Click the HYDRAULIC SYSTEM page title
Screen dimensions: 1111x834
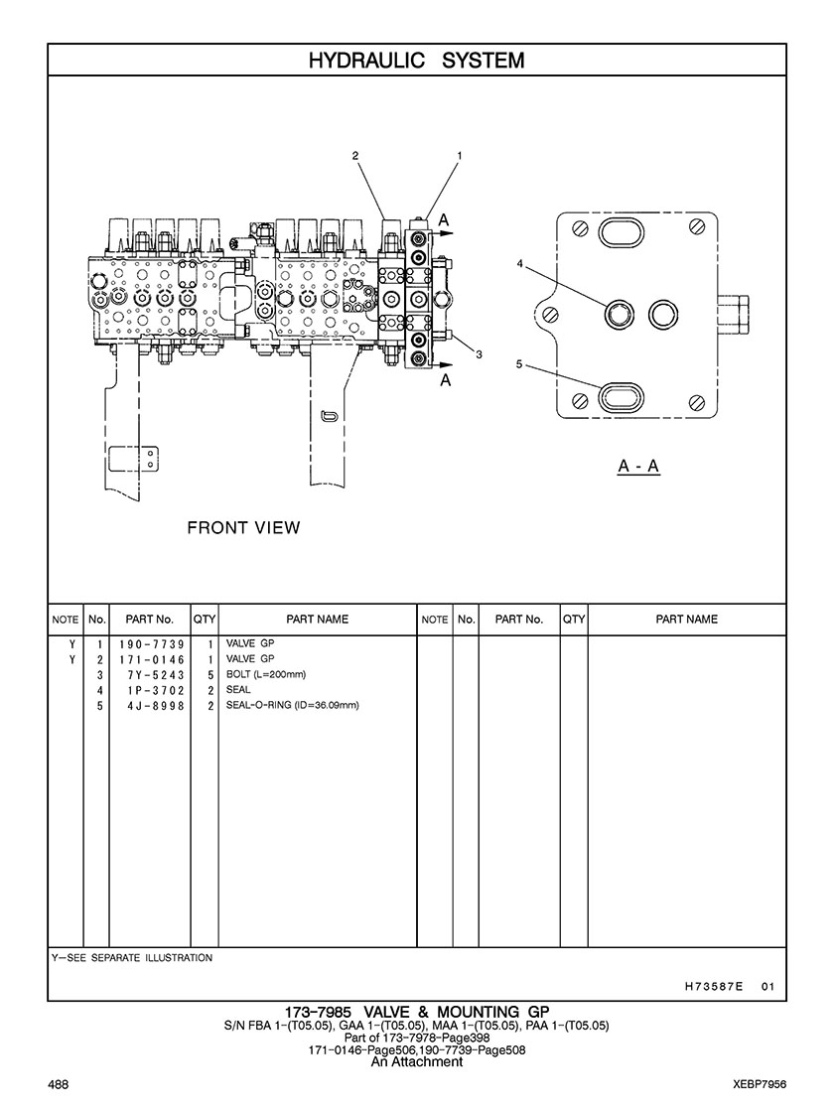point(416,61)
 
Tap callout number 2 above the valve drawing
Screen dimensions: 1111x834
point(354,156)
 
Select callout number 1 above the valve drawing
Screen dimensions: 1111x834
point(460,156)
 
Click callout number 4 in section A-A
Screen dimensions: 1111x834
point(519,264)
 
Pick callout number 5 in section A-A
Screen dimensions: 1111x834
point(519,364)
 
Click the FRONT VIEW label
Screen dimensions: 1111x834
point(243,527)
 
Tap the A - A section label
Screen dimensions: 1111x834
point(638,466)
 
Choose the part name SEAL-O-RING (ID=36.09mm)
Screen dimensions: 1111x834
point(292,705)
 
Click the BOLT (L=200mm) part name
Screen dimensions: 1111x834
point(266,674)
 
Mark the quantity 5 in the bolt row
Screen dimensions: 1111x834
point(211,675)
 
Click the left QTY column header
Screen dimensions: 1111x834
point(205,619)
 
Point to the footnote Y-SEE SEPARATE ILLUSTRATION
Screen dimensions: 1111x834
point(131,958)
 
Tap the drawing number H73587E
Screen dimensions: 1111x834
point(714,987)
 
